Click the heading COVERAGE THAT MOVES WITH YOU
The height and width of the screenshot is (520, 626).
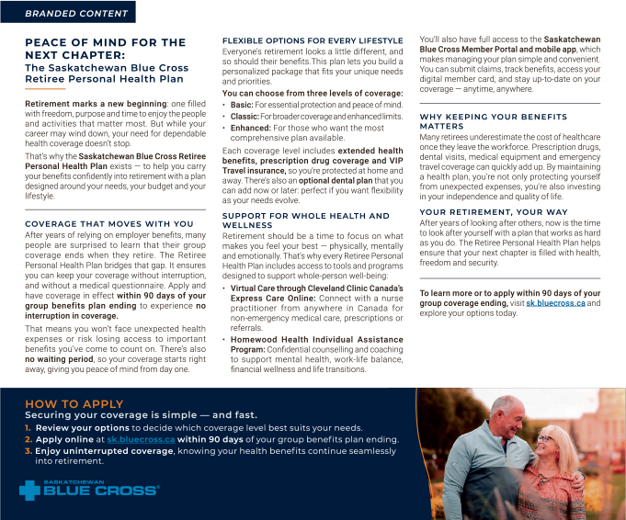point(108,223)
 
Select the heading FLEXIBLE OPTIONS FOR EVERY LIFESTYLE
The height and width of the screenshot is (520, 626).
point(313,41)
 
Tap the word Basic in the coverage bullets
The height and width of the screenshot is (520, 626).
point(242,105)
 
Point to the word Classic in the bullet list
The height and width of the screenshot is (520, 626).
point(245,117)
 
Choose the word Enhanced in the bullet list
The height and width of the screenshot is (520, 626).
point(249,128)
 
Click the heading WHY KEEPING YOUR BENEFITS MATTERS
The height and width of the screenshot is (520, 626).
point(493,122)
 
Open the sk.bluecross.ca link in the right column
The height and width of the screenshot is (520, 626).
point(554,303)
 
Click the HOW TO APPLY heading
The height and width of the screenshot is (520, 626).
point(74,404)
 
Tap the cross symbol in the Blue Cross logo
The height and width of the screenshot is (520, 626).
point(31,491)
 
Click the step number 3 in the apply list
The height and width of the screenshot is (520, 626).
point(28,451)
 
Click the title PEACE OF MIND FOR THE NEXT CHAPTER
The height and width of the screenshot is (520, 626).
point(105,48)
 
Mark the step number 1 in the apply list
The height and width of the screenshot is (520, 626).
point(28,428)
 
